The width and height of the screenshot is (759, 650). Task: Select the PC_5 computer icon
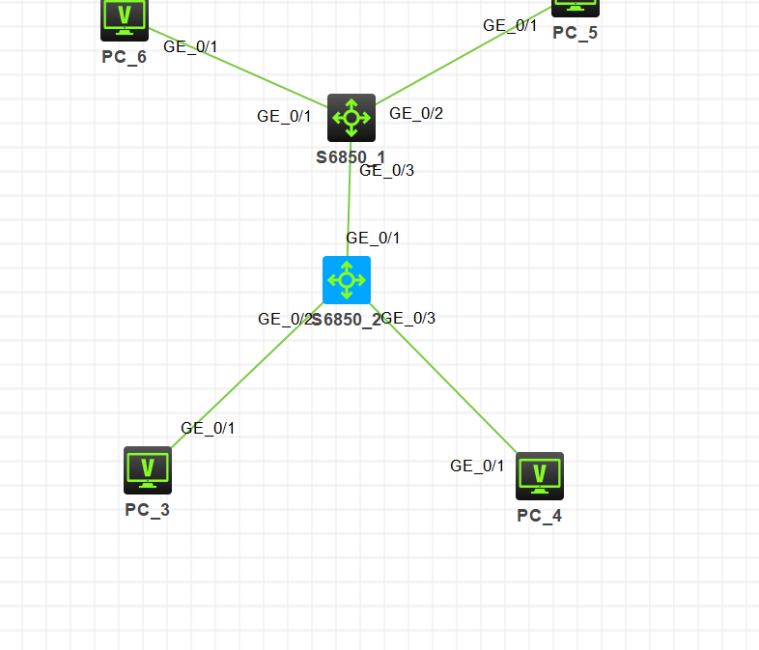[x=576, y=6]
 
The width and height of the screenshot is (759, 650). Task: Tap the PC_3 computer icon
[x=148, y=469]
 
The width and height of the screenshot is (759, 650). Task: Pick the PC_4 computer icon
[x=540, y=475]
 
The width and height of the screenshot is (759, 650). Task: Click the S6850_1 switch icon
[x=351, y=118]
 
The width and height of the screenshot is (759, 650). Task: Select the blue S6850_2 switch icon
[x=347, y=280]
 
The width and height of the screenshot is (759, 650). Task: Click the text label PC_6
[x=125, y=57]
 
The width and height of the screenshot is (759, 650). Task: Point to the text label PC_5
[x=576, y=33]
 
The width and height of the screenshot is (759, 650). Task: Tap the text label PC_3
[x=148, y=510]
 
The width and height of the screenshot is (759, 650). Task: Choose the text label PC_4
[x=540, y=516]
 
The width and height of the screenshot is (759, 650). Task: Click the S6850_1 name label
[x=351, y=156]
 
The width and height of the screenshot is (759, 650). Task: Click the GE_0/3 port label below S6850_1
[x=386, y=171]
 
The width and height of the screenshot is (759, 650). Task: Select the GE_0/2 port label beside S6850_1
[x=416, y=114]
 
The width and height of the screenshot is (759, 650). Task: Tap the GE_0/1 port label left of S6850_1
[x=284, y=117]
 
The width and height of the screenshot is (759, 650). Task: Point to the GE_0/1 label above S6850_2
[x=373, y=238]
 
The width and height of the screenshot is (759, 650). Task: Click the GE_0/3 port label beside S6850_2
[x=409, y=319]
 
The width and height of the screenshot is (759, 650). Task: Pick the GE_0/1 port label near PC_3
[x=208, y=429]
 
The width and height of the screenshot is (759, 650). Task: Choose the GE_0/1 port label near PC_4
[x=477, y=466]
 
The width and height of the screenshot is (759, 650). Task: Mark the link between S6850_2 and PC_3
[x=246, y=379]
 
